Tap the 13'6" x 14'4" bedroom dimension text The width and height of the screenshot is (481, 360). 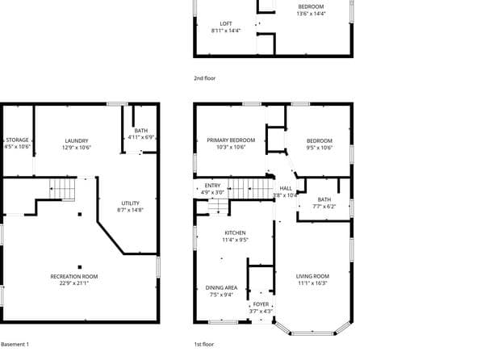point(311,14)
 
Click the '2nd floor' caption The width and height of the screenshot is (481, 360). point(205,78)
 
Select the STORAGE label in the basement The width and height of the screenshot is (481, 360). point(17,140)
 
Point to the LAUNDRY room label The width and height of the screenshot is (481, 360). point(76,140)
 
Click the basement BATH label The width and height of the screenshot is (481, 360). point(141,130)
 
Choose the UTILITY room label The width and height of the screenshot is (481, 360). point(130,203)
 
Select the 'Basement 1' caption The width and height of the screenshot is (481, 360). point(15,345)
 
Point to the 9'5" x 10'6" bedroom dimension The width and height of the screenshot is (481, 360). point(318,148)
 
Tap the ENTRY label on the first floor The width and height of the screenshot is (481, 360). point(212,185)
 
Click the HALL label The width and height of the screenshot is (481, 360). point(286,187)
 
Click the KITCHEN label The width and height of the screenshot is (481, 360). point(235,232)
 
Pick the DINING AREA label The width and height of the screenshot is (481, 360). point(221,287)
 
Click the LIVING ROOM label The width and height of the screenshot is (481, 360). point(312,276)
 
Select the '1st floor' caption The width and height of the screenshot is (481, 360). point(204,345)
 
